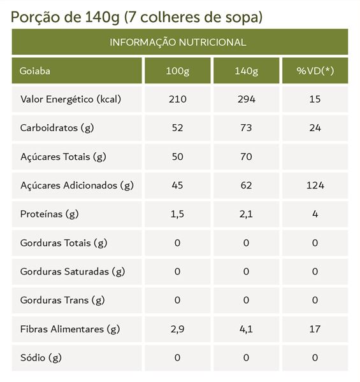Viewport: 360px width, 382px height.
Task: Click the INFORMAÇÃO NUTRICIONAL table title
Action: [x=178, y=43]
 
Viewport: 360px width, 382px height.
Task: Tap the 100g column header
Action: [x=177, y=71]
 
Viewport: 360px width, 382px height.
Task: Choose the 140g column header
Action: [x=246, y=71]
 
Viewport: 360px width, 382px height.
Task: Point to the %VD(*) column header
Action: [x=315, y=71]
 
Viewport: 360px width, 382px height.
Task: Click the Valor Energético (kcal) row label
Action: [x=71, y=99]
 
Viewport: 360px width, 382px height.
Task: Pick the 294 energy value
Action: [x=247, y=99]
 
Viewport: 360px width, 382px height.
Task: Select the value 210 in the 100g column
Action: [x=177, y=99]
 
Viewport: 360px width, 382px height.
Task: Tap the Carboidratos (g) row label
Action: [x=57, y=128]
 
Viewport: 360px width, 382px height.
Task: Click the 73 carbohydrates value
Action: [x=246, y=128]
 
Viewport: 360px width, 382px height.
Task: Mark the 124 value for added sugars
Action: [x=315, y=185]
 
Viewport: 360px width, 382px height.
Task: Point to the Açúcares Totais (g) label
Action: [x=63, y=157]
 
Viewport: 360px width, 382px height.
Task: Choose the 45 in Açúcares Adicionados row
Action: [x=177, y=185]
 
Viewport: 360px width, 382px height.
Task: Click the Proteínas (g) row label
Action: [x=50, y=214]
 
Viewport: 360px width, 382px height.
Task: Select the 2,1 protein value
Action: [x=246, y=214]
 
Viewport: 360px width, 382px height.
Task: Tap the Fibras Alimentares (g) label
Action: [x=70, y=329]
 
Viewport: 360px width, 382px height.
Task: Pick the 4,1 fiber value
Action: [x=246, y=329]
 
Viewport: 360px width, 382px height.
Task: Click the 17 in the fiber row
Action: [x=315, y=329]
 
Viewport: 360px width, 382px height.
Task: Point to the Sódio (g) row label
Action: [x=41, y=358]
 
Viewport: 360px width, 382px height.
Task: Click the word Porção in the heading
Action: [x=34, y=18]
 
